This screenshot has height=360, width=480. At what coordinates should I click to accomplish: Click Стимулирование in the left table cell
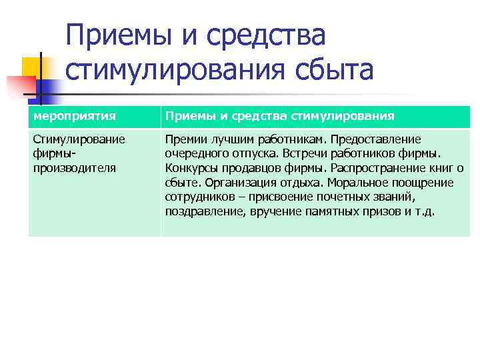click(79, 139)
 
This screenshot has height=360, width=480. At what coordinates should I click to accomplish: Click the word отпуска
click(253, 153)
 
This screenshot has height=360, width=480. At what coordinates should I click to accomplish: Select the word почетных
click(337, 197)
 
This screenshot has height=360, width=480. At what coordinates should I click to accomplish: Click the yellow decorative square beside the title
click(35, 67)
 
